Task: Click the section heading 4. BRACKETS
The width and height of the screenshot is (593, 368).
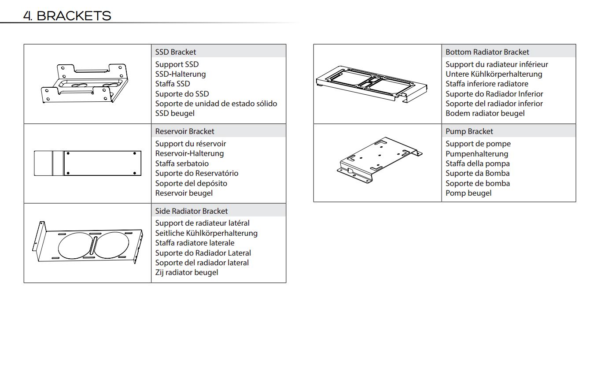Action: click(x=67, y=16)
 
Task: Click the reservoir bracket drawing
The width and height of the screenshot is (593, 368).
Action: click(x=88, y=163)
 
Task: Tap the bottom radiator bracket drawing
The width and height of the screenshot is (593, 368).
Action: click(x=372, y=84)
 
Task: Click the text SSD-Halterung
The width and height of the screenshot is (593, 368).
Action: click(x=180, y=74)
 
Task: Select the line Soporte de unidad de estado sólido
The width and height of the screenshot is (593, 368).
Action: click(x=216, y=104)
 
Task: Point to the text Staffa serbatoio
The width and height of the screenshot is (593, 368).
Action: click(x=182, y=164)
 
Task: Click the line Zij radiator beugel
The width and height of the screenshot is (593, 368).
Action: click(x=187, y=272)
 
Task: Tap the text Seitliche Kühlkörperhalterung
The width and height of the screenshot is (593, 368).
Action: click(x=206, y=233)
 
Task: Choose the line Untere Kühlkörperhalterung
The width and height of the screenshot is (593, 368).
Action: click(x=494, y=74)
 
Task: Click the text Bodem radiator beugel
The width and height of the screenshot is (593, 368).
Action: click(x=485, y=113)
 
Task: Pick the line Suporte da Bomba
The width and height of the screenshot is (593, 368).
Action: click(x=477, y=173)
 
